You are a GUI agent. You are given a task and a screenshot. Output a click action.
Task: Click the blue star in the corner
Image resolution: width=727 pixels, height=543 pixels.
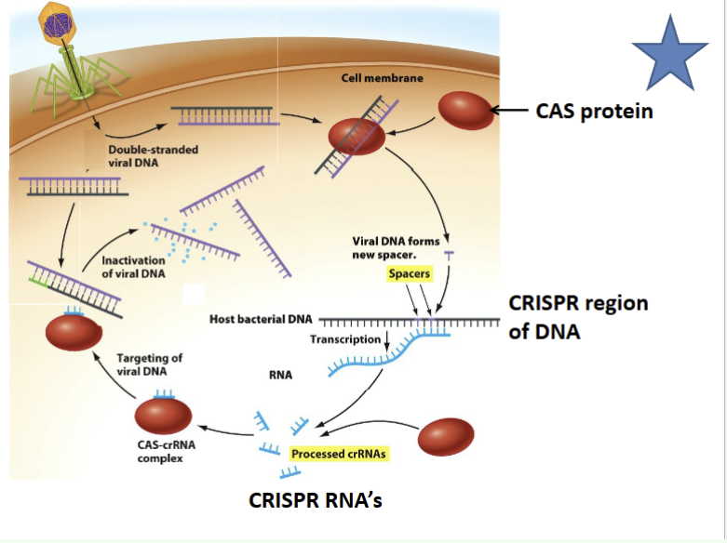pyautogui.click(x=669, y=56)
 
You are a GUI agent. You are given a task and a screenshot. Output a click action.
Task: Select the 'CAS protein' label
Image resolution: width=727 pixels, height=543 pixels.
pyautogui.click(x=594, y=112)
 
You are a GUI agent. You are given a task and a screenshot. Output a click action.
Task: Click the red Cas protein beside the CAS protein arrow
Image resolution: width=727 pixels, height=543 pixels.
pyautogui.click(x=466, y=111)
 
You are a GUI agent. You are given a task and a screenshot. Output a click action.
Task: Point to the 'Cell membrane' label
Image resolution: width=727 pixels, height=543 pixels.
pyautogui.click(x=382, y=78)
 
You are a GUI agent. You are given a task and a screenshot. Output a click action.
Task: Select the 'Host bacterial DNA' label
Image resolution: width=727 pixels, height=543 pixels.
pyautogui.click(x=261, y=319)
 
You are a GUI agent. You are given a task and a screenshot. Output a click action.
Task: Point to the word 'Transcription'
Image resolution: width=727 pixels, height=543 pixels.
pyautogui.click(x=345, y=339)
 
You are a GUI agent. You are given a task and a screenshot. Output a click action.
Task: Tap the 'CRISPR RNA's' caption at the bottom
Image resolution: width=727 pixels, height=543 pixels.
pyautogui.click(x=316, y=500)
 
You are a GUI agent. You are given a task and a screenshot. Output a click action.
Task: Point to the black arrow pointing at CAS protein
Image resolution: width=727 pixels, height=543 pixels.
pyautogui.click(x=510, y=112)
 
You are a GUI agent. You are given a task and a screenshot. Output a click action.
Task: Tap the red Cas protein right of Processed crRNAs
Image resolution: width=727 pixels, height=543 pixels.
pyautogui.click(x=447, y=438)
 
